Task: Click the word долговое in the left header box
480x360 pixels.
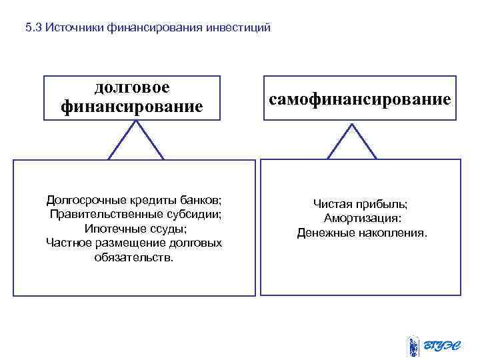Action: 132,87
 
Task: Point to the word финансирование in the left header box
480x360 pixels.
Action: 132,106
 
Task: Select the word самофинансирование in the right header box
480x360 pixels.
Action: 360,99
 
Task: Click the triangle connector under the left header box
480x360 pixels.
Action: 136,142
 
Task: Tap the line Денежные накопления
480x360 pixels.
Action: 362,233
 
